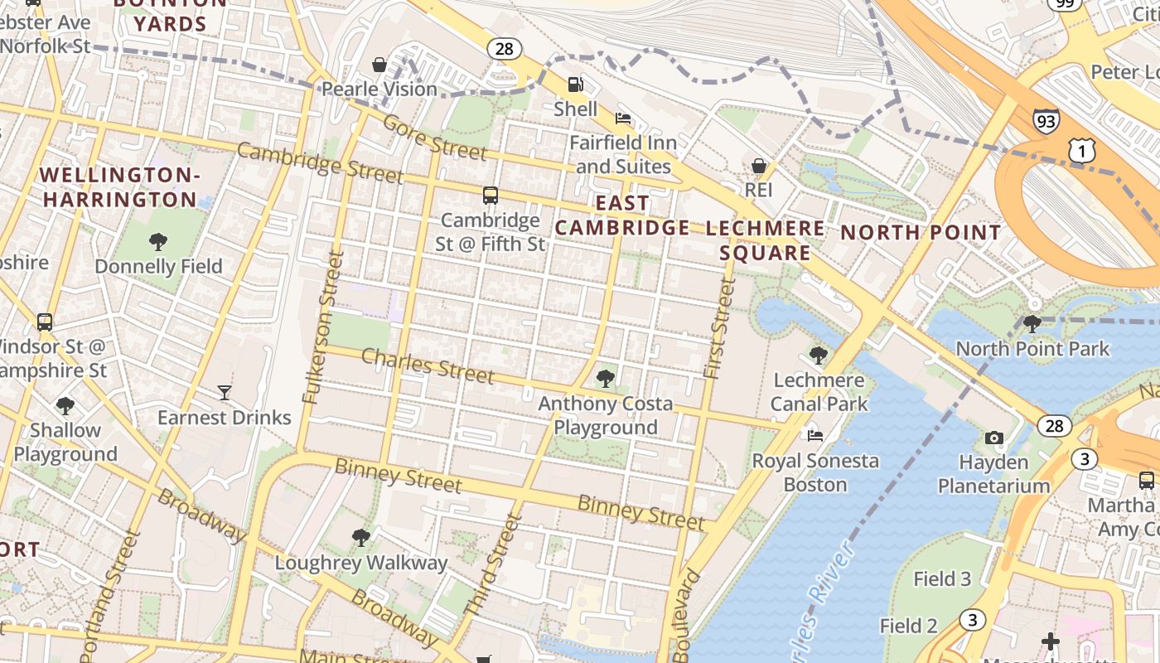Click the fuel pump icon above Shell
point(574,84)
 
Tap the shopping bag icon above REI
point(758,166)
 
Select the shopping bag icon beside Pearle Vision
point(379,65)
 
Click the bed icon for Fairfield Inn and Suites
point(623,119)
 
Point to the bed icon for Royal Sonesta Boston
point(815,436)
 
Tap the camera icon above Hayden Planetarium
point(993,438)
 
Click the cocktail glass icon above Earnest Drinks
point(224,393)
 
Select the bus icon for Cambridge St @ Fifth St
point(491,196)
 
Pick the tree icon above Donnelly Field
point(157,242)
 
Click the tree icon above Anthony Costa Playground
point(606,380)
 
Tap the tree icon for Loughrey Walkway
point(360,538)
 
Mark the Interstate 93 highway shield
point(1046,121)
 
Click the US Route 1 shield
point(1081,150)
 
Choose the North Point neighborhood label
point(921,233)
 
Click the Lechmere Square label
point(765,240)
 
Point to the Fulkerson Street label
point(323,327)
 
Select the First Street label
point(719,328)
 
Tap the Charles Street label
point(428,365)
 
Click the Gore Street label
point(434,138)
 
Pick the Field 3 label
point(942,578)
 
